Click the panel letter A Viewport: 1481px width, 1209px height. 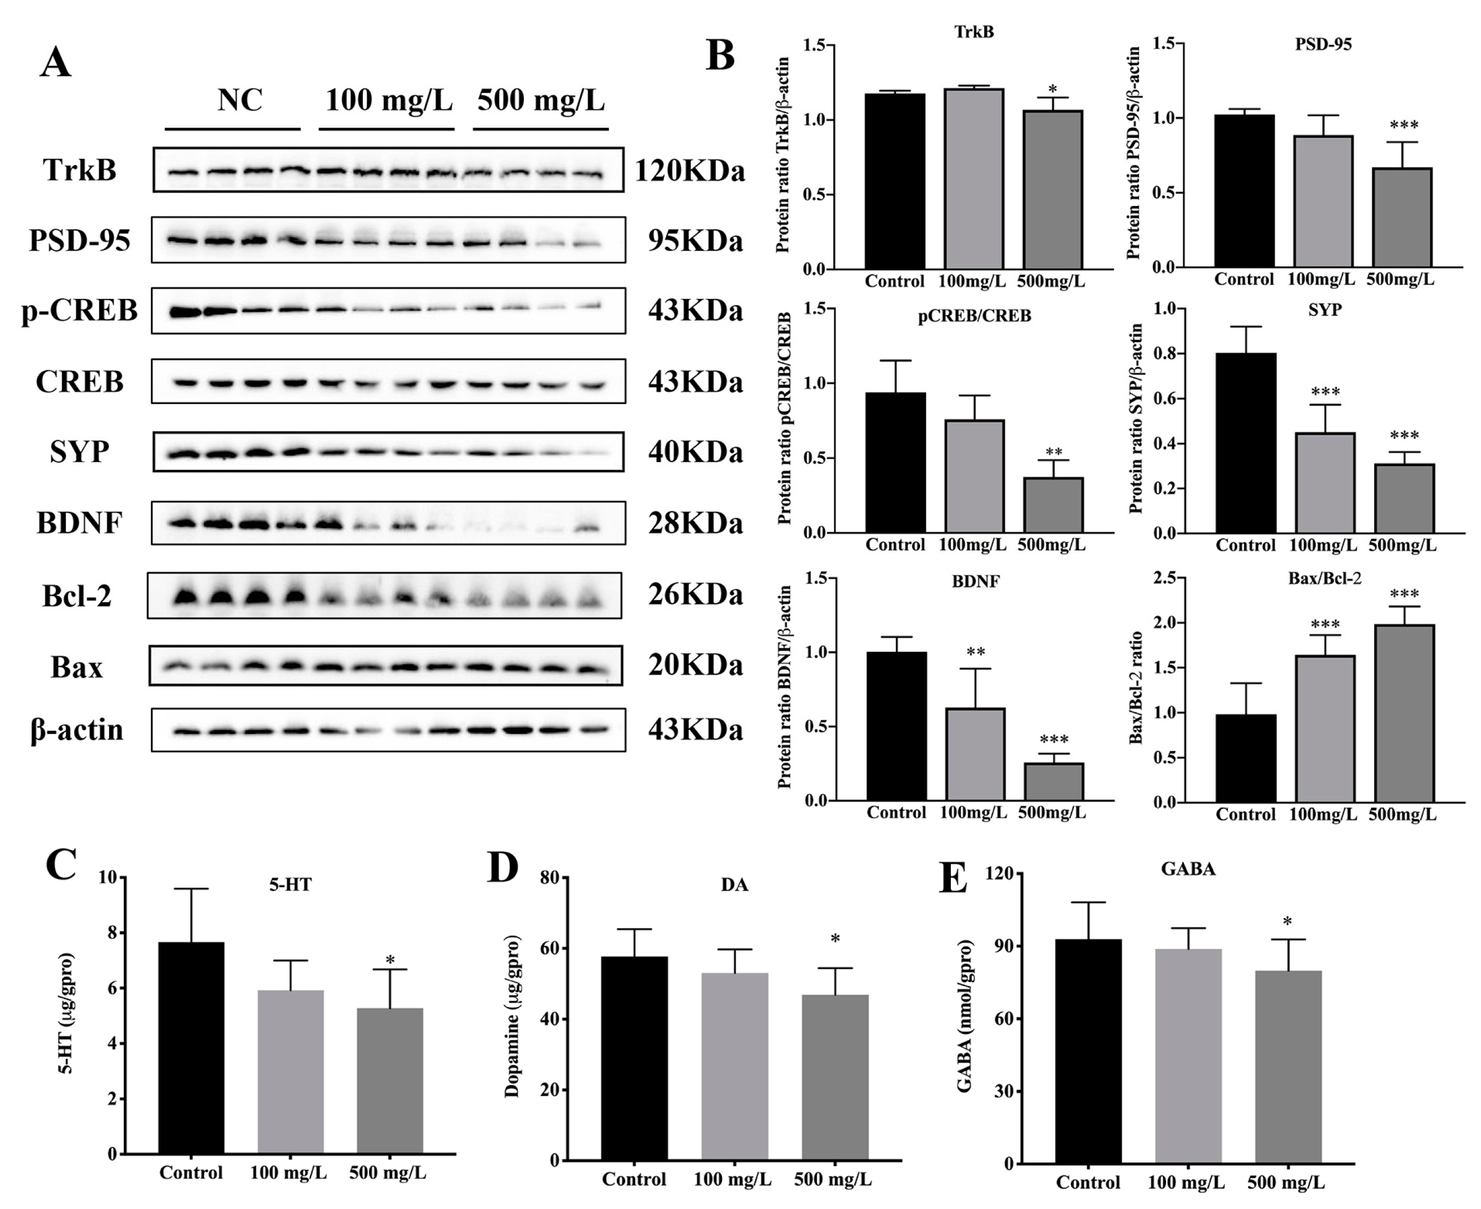click(x=56, y=62)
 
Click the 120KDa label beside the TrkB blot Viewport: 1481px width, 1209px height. click(x=689, y=171)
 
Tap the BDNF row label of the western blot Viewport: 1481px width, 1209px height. click(x=79, y=523)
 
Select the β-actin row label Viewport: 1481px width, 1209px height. click(x=77, y=730)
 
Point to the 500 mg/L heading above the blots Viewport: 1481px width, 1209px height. click(x=541, y=100)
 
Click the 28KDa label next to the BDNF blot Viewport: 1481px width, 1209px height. click(x=695, y=523)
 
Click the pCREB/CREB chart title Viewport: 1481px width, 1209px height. click(x=973, y=316)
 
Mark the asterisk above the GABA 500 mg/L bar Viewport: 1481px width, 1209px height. click(x=1287, y=923)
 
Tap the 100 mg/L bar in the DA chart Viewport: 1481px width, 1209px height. click(x=734, y=1066)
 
